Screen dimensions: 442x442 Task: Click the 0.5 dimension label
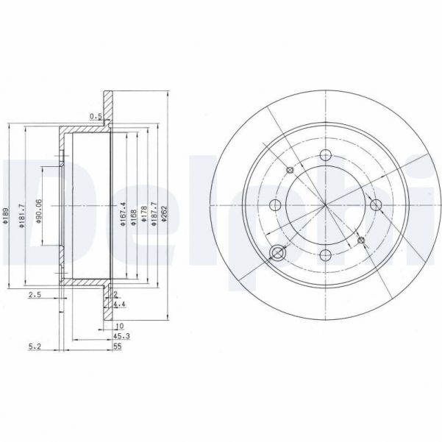(x=95, y=116)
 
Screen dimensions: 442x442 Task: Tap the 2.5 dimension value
(x=35, y=295)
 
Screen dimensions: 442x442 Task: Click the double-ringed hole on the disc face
(x=278, y=254)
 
